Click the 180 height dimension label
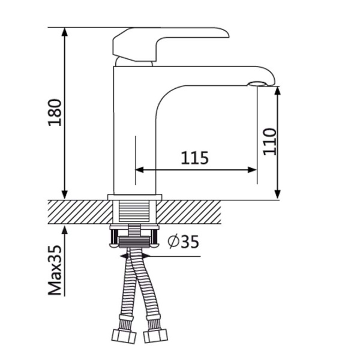(x=55, y=113)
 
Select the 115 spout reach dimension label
(x=194, y=158)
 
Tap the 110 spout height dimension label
(x=269, y=142)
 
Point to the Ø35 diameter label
(x=183, y=242)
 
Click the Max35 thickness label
(x=55, y=270)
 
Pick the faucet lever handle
(x=170, y=44)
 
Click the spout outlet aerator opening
(x=257, y=83)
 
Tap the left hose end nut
(x=124, y=337)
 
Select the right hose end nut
(x=155, y=337)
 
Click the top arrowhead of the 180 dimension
(x=65, y=32)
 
